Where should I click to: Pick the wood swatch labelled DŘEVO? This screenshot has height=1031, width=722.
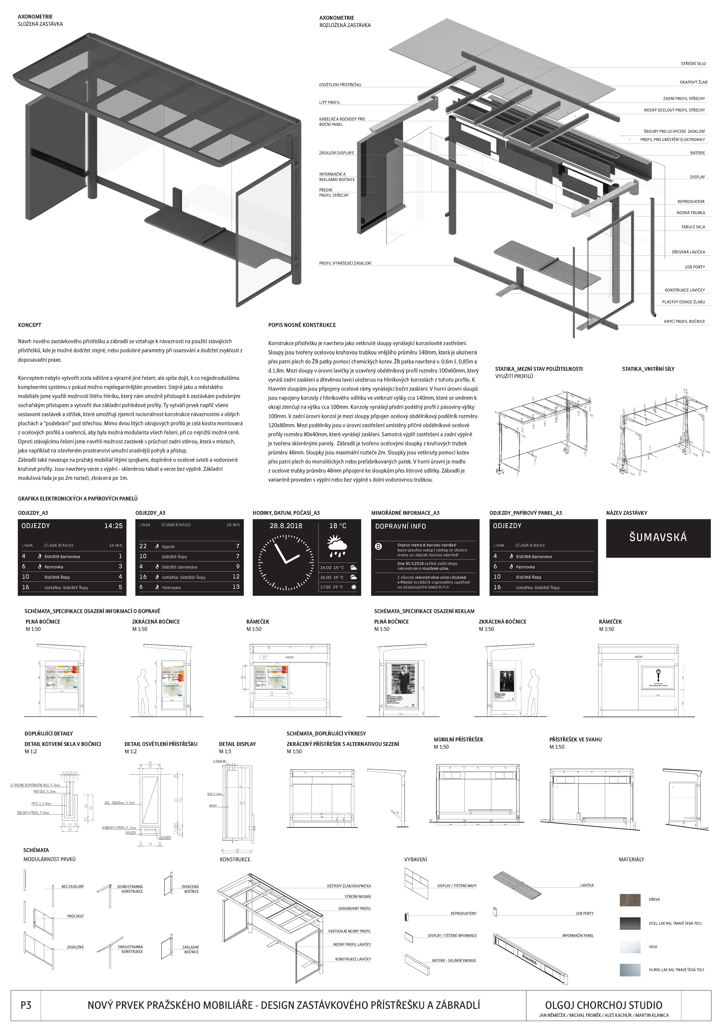point(630,899)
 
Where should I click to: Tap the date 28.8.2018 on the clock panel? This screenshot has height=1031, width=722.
point(286,526)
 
